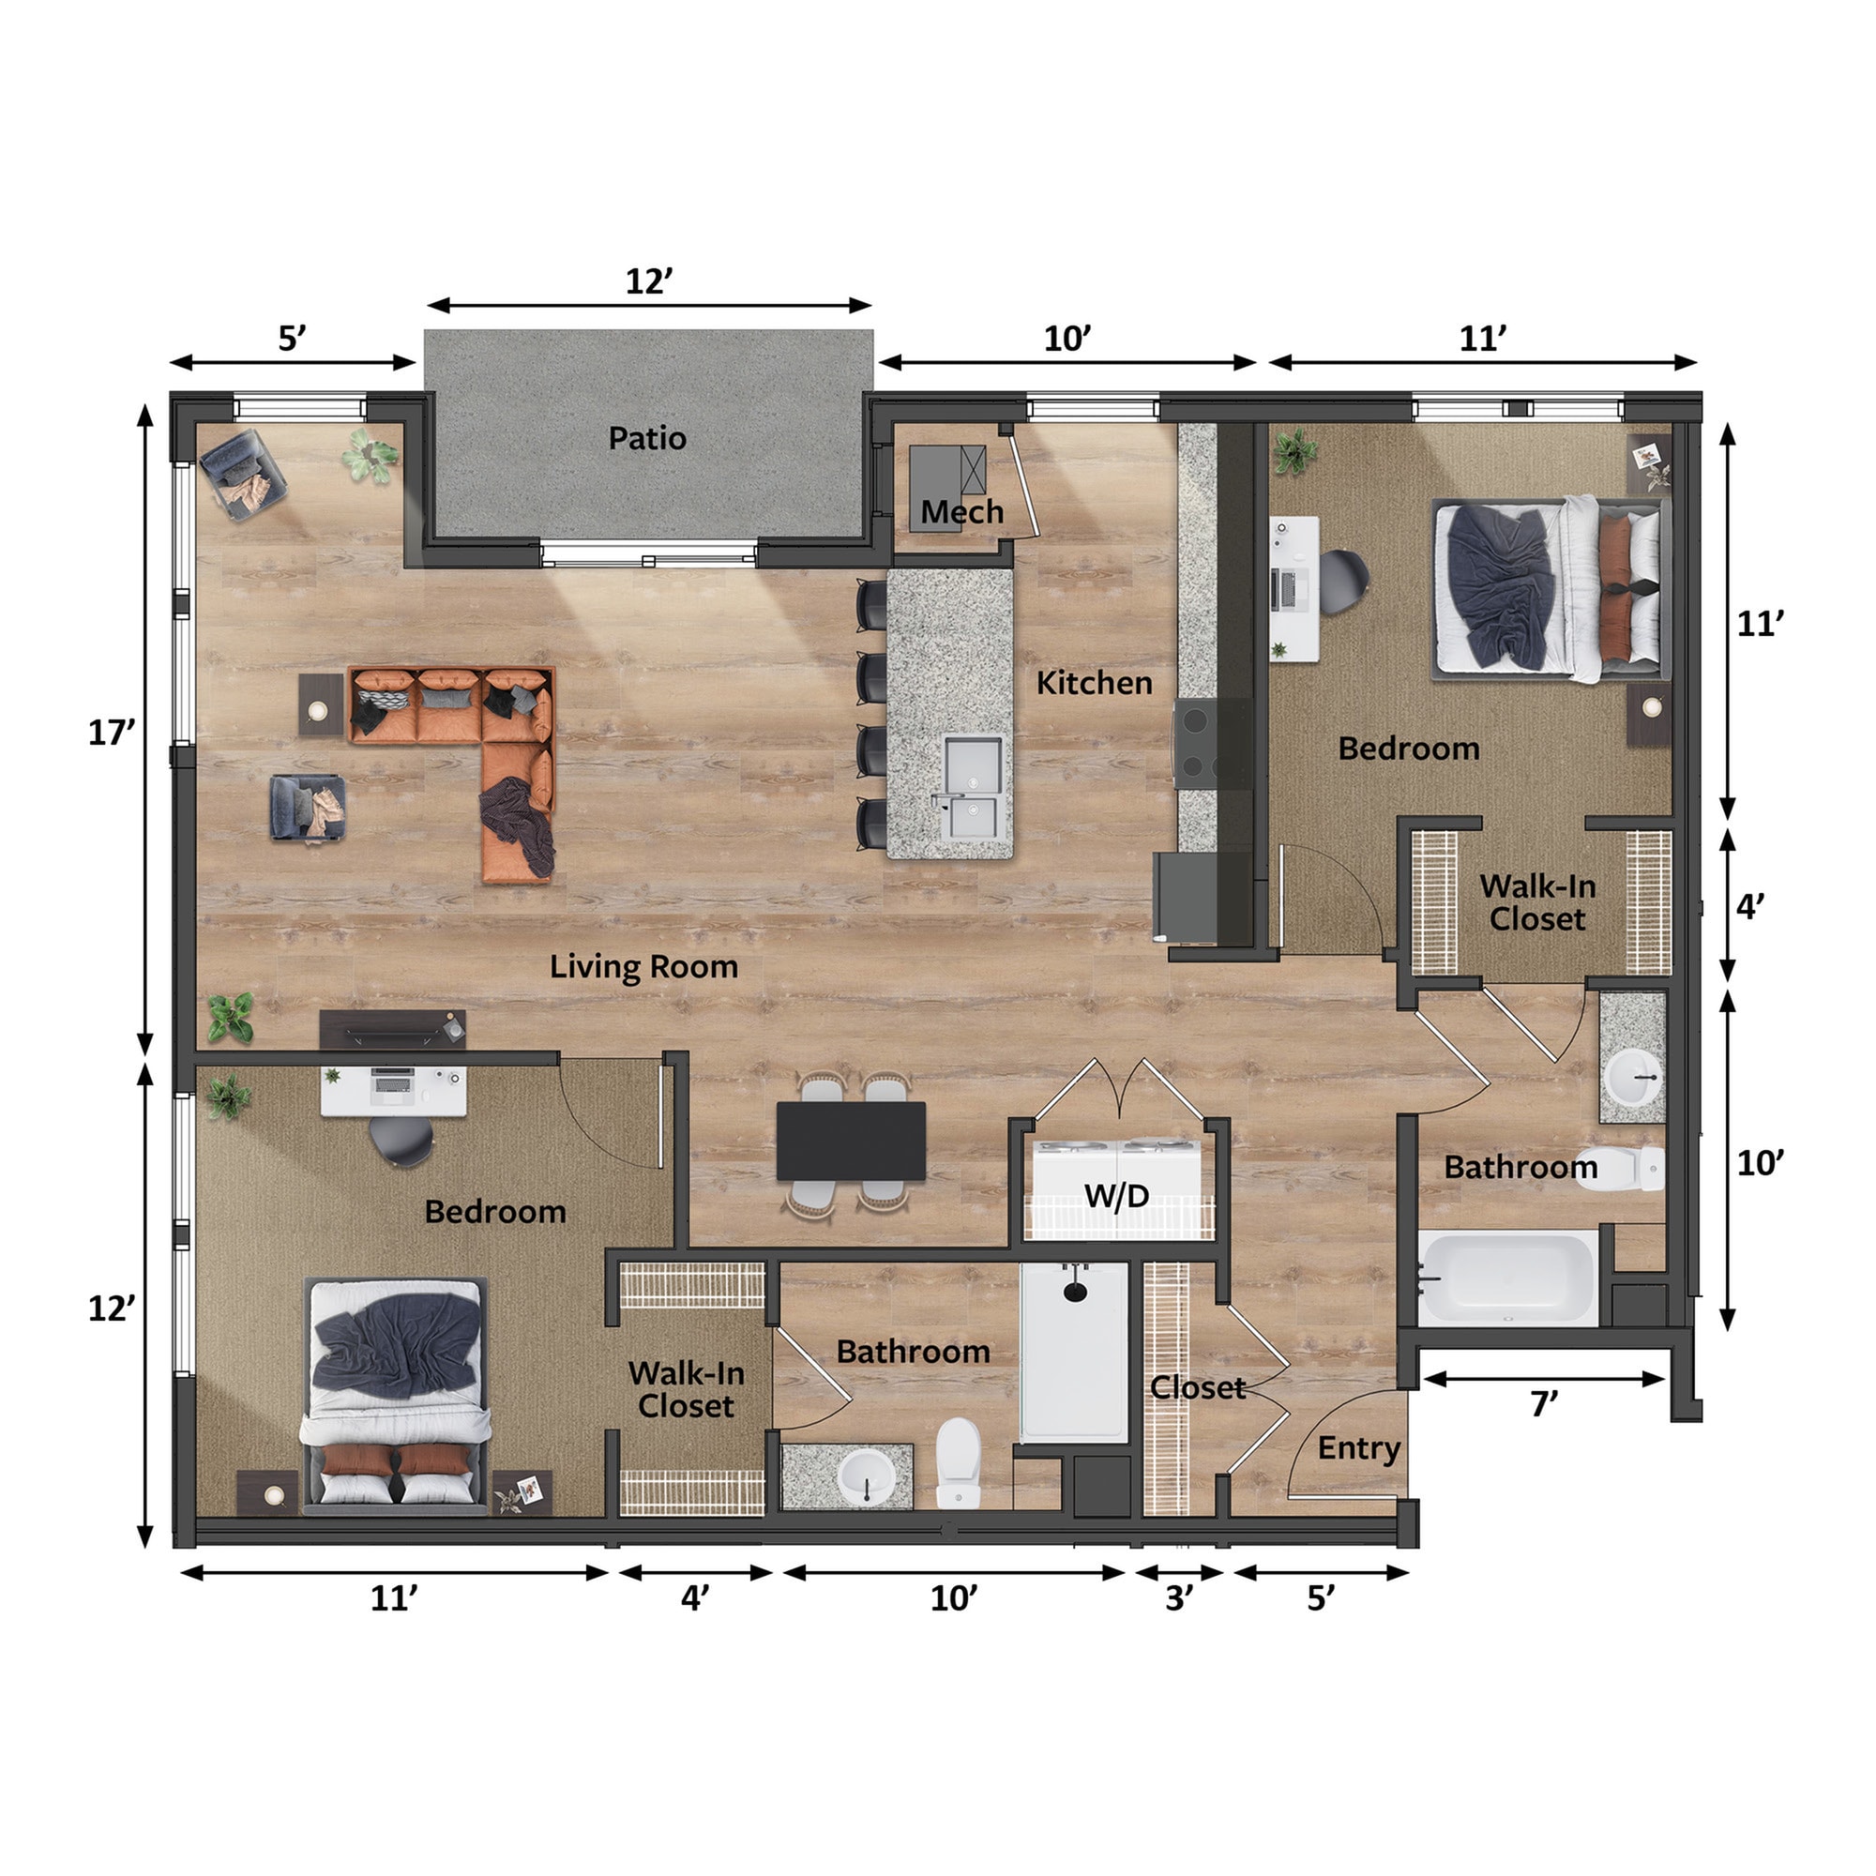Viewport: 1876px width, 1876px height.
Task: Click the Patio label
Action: pyautogui.click(x=647, y=438)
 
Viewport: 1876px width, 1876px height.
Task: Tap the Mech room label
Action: pyautogui.click(x=961, y=512)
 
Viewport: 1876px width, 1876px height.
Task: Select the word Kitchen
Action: pyautogui.click(x=1094, y=683)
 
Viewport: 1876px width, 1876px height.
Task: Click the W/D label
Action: pyautogui.click(x=1116, y=1195)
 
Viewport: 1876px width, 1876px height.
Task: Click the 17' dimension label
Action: pyautogui.click(x=111, y=733)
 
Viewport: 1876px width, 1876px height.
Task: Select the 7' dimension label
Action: pyautogui.click(x=1544, y=1404)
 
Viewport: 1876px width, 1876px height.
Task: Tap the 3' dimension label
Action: pyautogui.click(x=1178, y=1597)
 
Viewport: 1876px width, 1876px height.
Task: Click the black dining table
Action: pyautogui.click(x=851, y=1140)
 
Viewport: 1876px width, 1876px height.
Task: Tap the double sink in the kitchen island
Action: pyautogui.click(x=974, y=788)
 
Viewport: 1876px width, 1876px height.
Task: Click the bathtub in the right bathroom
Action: pyautogui.click(x=1508, y=1278)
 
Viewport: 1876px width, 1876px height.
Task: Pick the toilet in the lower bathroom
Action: pyautogui.click(x=959, y=1463)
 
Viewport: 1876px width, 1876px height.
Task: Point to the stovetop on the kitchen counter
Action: pyautogui.click(x=1196, y=743)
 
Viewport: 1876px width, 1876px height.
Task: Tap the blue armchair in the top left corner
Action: pyautogui.click(x=243, y=474)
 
